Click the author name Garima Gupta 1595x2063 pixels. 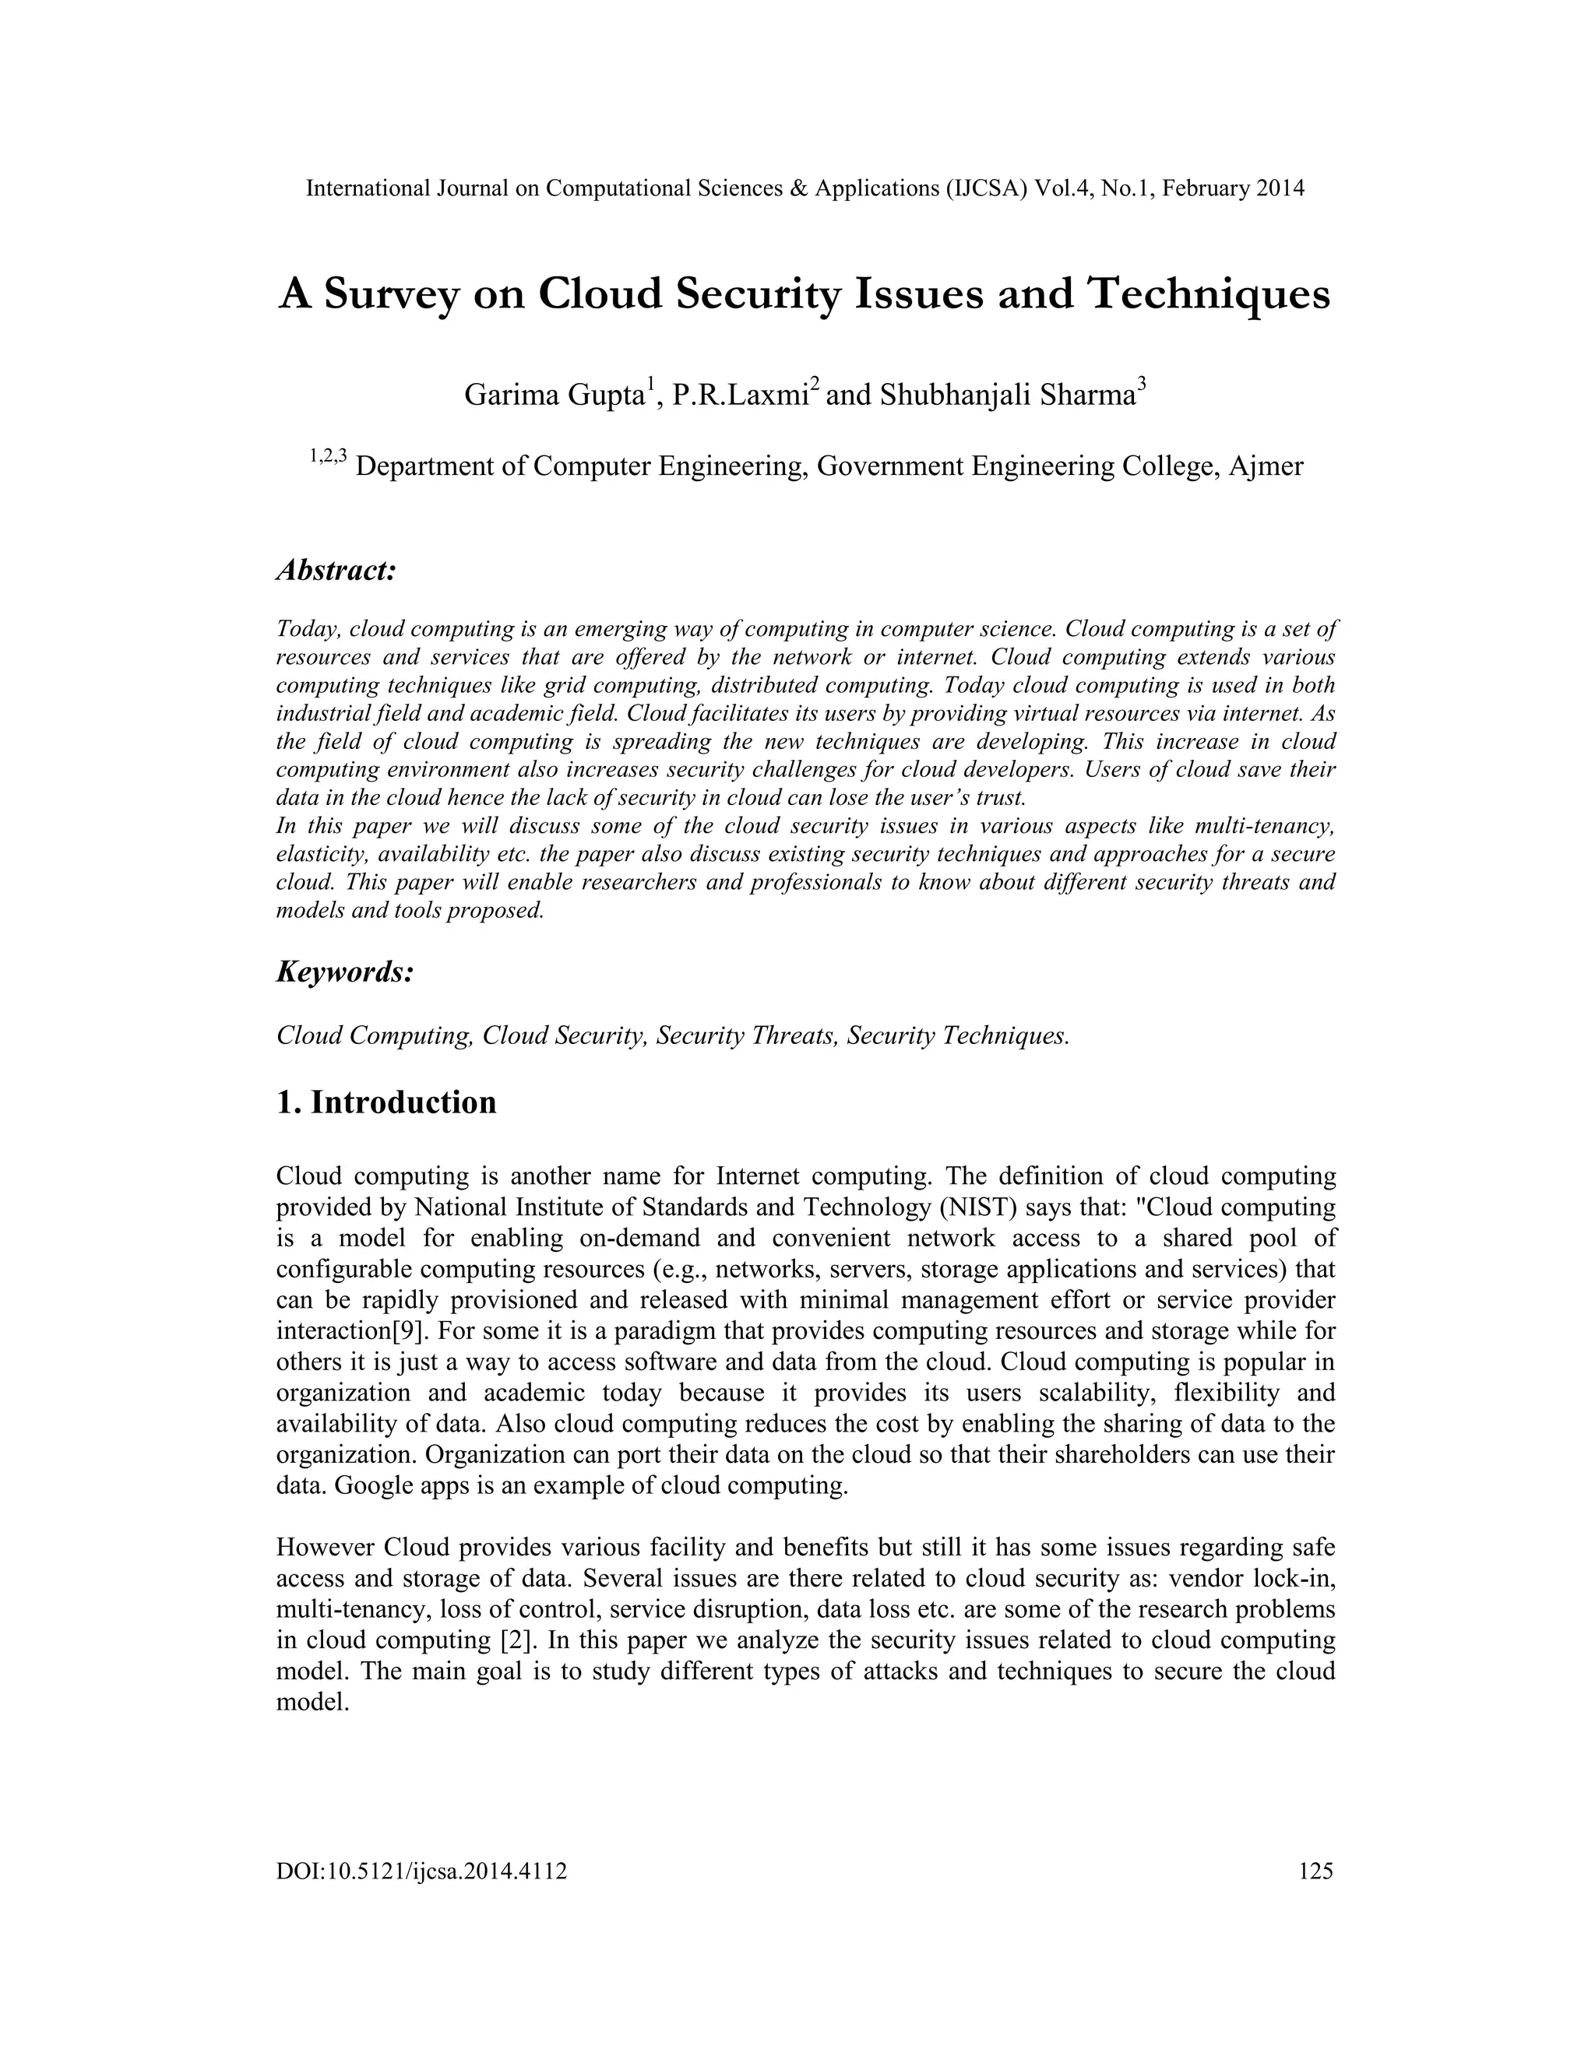coord(554,395)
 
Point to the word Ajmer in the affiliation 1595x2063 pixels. coord(1266,466)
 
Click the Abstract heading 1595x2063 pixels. coord(336,571)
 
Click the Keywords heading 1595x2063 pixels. coord(345,972)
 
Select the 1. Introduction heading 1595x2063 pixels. coord(386,1102)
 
